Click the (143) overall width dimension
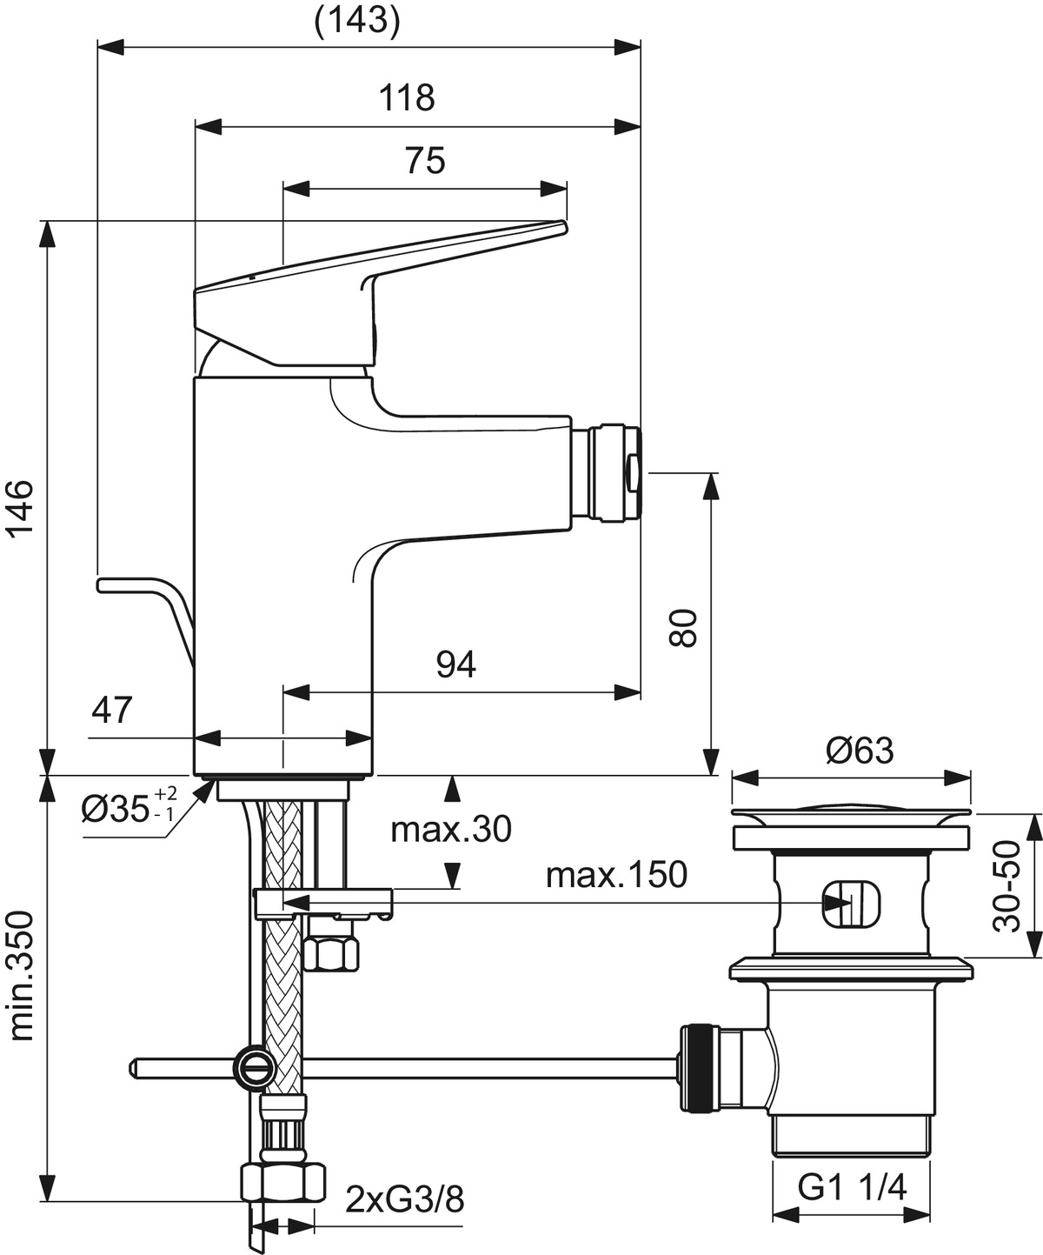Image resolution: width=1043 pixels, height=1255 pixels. point(357,21)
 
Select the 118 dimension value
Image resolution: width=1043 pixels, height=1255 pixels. point(407,97)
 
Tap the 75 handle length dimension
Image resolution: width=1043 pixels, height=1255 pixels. point(425,161)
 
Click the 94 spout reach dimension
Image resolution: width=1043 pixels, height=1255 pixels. point(456,664)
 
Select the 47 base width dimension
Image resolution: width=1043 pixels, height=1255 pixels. point(113,711)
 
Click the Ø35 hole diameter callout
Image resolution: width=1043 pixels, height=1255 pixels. point(128,809)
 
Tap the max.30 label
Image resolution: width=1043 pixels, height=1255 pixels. point(451,830)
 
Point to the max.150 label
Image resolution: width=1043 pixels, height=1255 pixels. point(616,875)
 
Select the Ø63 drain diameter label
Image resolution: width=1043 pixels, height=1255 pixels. point(860,750)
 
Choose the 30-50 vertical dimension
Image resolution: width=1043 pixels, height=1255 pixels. point(1008,885)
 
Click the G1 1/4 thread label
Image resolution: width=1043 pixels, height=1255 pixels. point(852,1186)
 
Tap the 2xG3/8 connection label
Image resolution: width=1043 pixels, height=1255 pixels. point(404,1200)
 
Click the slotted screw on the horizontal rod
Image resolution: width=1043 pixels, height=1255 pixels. point(252,1066)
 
